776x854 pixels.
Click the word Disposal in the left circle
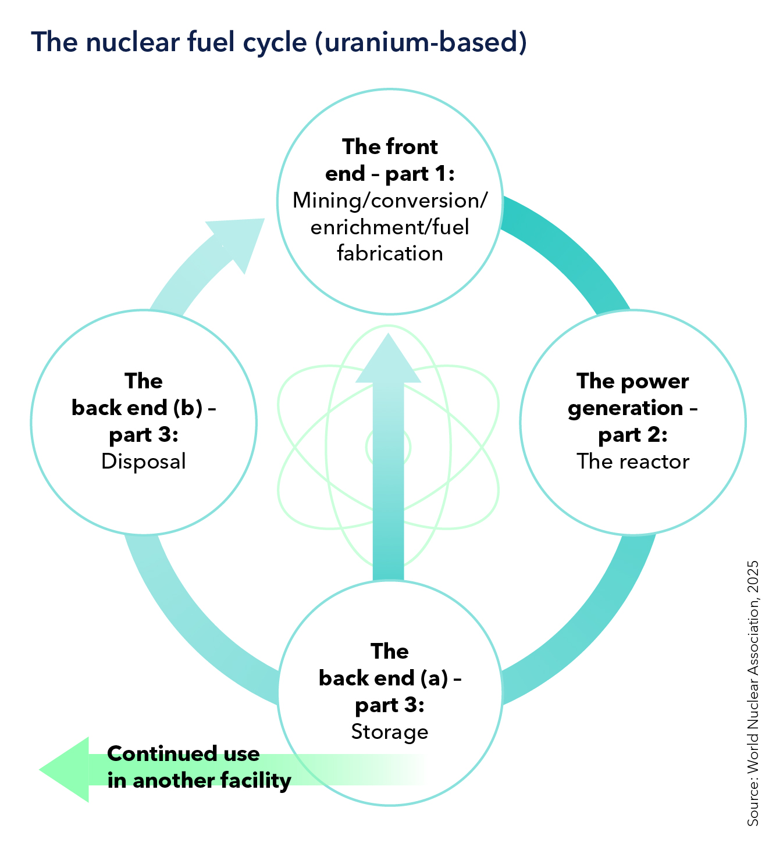(143, 462)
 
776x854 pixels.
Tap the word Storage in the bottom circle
(389, 731)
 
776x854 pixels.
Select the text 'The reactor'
(633, 462)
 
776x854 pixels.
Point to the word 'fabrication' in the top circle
(390, 253)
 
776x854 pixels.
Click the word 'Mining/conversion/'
(390, 201)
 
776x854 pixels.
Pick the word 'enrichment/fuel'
(390, 227)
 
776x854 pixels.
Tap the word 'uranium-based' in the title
(421, 43)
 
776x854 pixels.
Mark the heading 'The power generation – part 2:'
(633, 408)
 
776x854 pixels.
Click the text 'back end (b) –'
(143, 408)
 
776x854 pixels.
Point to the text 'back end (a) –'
(390, 678)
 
